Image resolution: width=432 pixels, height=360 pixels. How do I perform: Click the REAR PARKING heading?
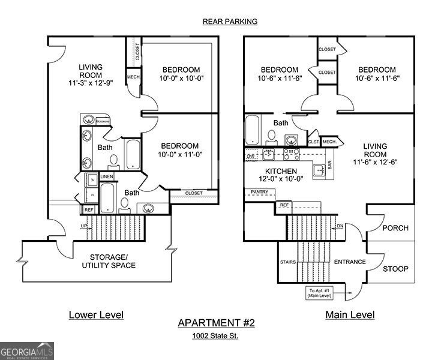(x=230, y=22)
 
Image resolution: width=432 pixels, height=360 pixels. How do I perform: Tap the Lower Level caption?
(x=96, y=314)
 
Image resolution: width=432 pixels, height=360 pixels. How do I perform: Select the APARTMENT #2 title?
(x=216, y=323)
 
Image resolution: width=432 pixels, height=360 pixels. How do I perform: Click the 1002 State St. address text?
(x=216, y=336)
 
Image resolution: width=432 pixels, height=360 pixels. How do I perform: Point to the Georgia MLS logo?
(x=27, y=350)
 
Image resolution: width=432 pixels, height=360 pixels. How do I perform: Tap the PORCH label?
(x=395, y=228)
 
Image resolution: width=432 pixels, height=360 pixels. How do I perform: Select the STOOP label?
(x=395, y=269)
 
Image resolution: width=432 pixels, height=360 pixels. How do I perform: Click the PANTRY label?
(x=260, y=193)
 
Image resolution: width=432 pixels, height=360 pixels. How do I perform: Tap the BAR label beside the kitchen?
(x=329, y=165)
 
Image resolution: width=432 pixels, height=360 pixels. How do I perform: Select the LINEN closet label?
(x=107, y=177)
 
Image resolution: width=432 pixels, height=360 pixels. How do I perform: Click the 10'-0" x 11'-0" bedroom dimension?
(x=179, y=154)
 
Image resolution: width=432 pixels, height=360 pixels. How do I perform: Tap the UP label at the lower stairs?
(x=84, y=226)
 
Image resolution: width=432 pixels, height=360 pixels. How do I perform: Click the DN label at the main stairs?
(x=339, y=226)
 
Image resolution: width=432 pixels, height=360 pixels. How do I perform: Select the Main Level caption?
(x=350, y=314)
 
